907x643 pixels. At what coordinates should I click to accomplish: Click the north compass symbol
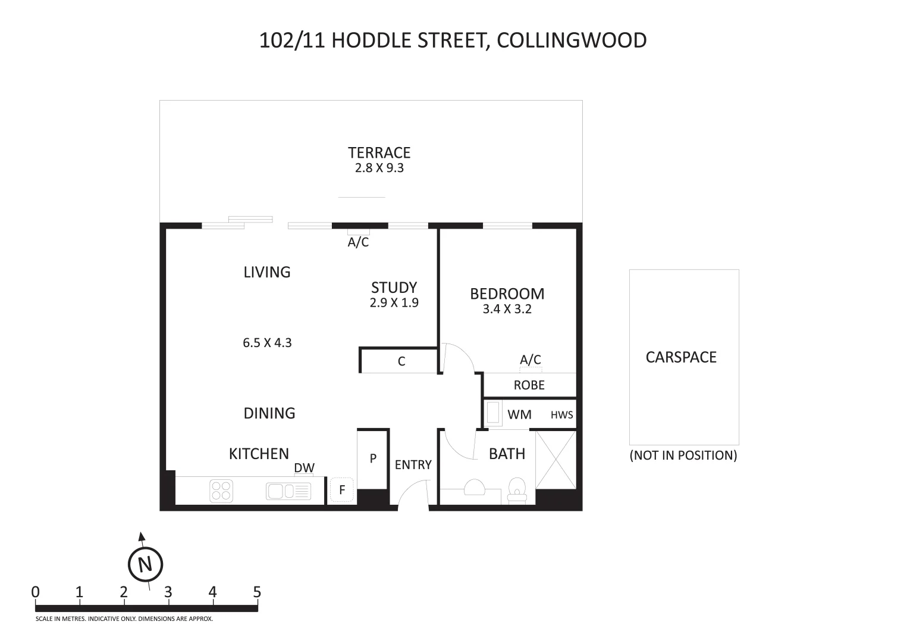[146, 563]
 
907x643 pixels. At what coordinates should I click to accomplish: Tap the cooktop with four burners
[221, 491]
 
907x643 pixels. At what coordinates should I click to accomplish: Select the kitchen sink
[288, 491]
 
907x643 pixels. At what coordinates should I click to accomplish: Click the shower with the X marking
[556, 459]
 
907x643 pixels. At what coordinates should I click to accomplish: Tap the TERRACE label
[379, 153]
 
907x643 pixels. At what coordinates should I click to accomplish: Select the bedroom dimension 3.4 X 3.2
[507, 309]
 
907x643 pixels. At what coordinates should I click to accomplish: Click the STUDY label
[394, 288]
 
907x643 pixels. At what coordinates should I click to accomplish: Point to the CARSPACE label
[681, 357]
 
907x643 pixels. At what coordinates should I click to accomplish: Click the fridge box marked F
[342, 491]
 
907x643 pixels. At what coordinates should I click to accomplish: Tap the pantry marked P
[373, 458]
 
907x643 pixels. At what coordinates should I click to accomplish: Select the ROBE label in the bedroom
[529, 385]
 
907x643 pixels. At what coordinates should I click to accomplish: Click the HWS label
[561, 415]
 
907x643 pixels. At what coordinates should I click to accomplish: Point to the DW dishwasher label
[304, 468]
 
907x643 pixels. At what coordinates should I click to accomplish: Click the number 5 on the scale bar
[257, 592]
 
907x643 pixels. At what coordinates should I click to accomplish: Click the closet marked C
[401, 361]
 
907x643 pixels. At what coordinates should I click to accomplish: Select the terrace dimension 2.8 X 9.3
[379, 168]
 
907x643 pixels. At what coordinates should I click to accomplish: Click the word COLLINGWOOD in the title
[571, 40]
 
